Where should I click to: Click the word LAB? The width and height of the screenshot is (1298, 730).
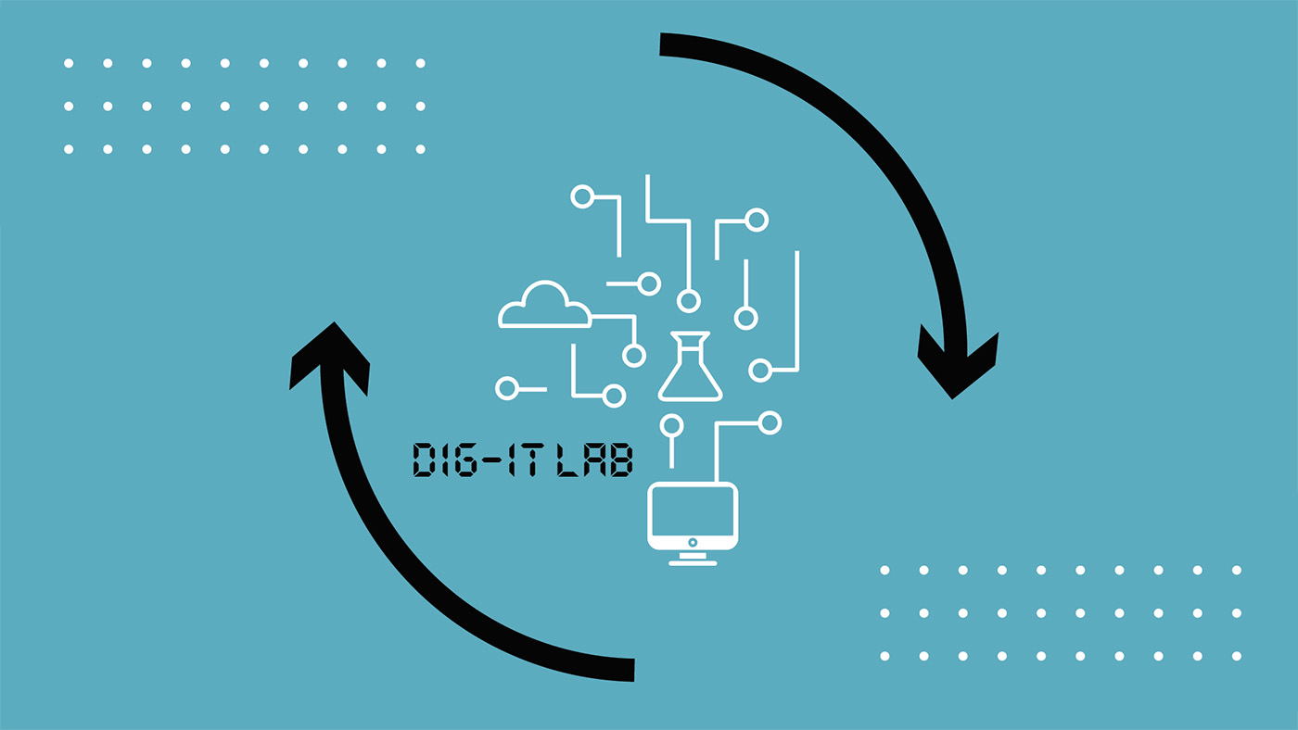tap(594, 460)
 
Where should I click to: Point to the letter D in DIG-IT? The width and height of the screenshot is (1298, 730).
tap(424, 460)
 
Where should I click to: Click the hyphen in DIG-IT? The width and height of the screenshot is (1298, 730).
tap(490, 460)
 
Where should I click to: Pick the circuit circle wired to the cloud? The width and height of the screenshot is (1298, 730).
tap(634, 355)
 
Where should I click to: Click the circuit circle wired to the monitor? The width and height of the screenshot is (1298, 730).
tap(770, 423)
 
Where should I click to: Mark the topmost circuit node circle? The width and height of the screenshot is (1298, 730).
tap(582, 196)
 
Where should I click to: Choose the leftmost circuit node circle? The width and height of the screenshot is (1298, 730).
tap(507, 388)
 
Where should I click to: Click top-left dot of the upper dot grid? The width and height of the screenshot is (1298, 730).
tap(69, 63)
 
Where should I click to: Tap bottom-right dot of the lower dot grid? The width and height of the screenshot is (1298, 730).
tap(1236, 656)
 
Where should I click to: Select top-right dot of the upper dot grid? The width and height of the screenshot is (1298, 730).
tap(420, 63)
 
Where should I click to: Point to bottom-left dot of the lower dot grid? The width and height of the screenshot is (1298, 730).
tap(884, 656)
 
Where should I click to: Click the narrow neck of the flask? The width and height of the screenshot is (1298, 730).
tap(690, 346)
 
